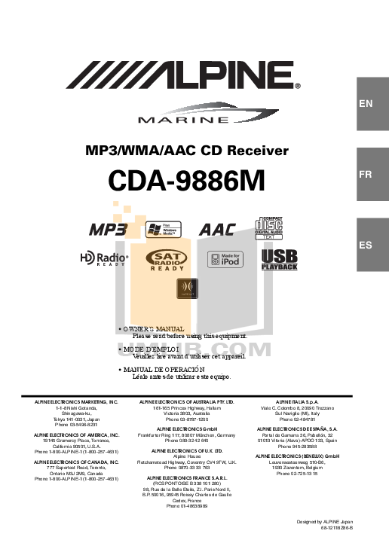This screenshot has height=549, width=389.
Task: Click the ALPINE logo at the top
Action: pos(185,75)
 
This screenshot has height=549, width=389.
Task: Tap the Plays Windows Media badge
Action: pos(164,230)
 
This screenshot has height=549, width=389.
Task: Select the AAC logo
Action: pos(217,230)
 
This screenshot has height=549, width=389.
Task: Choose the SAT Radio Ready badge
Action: pos(167,261)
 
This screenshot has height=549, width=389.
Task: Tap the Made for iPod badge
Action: pos(225,261)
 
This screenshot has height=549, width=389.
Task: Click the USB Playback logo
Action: pos(280,261)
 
